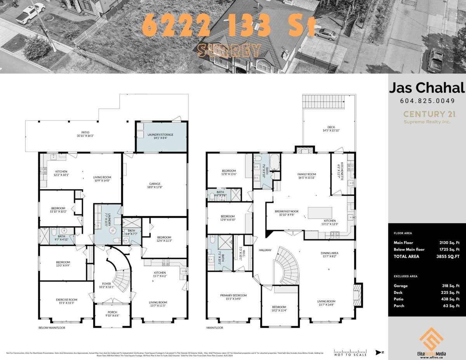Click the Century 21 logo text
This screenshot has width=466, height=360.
point(427,114)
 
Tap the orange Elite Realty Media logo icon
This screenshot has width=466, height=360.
point(431,338)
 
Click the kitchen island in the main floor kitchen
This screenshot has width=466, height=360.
point(320,213)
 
